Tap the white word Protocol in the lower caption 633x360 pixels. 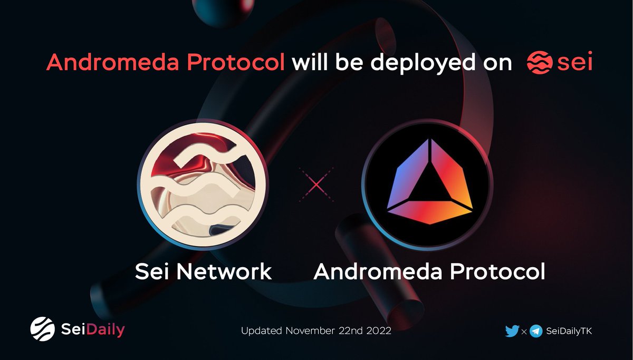point(501,272)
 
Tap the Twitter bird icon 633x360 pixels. point(512,331)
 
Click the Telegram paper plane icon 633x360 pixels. point(536,331)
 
